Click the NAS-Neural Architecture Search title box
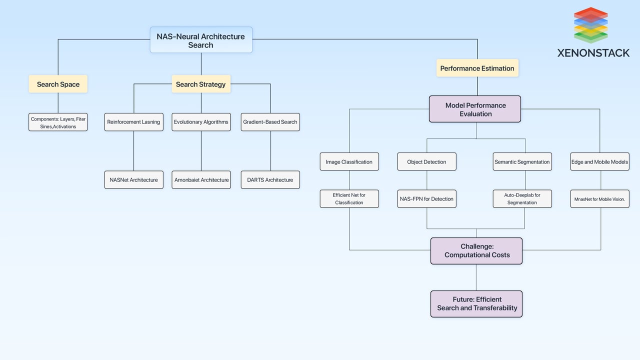201,40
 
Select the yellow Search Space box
58,84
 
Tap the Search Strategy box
201,84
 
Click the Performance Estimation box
477,68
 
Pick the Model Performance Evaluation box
475,109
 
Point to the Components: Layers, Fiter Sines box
58,122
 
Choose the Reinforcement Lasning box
133,122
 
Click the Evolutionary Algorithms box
201,122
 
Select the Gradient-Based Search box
270,122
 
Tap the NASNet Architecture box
133,180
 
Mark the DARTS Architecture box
270,180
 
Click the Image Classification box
349,162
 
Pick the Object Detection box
427,162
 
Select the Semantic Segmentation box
522,162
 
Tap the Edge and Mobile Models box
599,162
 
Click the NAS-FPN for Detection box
427,199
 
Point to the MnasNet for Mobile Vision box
599,199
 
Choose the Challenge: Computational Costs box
476,250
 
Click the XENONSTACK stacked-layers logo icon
590,25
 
